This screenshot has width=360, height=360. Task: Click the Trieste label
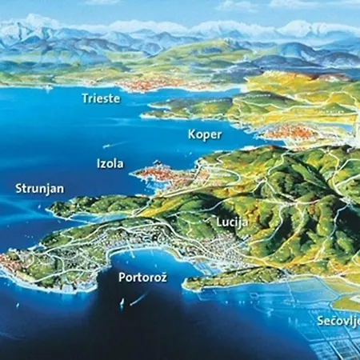tap(100, 98)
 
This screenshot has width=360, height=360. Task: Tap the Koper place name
tap(205, 134)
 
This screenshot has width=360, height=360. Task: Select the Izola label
tap(110, 163)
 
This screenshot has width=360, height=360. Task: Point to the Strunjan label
tap(39, 189)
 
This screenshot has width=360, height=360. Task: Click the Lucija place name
tap(232, 221)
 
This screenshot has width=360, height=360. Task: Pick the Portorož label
tap(142, 278)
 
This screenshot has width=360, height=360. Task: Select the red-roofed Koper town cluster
tap(288, 132)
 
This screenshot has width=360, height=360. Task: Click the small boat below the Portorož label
tap(122, 303)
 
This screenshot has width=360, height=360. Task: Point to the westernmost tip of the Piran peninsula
tap(4, 261)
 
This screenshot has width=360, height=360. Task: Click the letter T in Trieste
tap(85, 98)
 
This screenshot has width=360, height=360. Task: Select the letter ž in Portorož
tap(162, 278)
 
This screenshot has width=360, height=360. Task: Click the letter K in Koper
tap(192, 134)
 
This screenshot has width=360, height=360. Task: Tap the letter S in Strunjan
tap(19, 189)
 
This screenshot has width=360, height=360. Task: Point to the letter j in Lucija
tap(242, 222)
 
